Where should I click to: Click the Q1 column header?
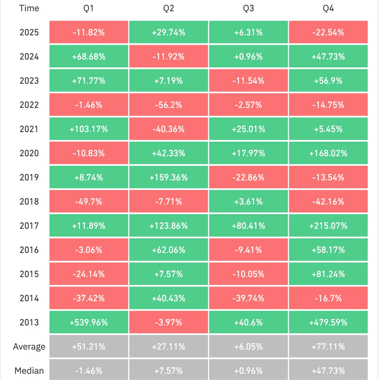coord(88,8)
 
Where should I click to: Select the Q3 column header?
coord(248,8)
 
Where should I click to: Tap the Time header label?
coord(29,8)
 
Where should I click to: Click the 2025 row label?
coord(29,32)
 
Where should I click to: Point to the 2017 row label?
coord(29,225)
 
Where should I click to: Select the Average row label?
coord(29,347)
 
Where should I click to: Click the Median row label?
coord(29,371)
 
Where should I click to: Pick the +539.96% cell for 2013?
coord(89,322)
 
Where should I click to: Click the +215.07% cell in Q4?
coord(328,225)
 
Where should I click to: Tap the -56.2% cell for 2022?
coord(169,105)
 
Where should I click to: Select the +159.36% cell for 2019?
coord(169,177)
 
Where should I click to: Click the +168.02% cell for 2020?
coord(328,153)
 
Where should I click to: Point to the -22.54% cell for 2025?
coord(328,32)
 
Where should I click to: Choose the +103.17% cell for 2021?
coord(89,129)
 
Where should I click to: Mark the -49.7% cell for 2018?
coord(89,201)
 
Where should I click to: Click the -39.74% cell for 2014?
coord(248,298)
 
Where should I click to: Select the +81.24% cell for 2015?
coord(328,274)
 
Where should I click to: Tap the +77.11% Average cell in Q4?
coord(328,347)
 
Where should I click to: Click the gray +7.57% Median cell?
coord(169,371)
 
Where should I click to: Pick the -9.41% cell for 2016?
coord(248,250)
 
